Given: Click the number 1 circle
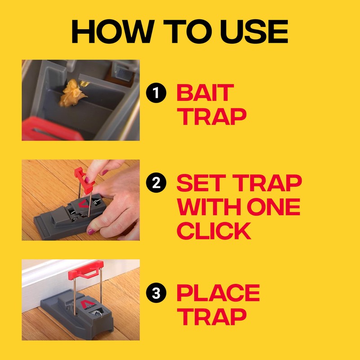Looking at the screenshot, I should coord(155,94).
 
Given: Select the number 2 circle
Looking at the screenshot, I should coord(155,184).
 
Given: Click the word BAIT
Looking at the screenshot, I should coord(205,93).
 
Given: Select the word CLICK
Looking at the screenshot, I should coord(213,230).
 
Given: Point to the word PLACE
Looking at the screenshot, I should coord(218,293).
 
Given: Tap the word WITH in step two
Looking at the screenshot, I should coord(207,207).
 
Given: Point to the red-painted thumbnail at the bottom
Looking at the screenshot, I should coord(91,232).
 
